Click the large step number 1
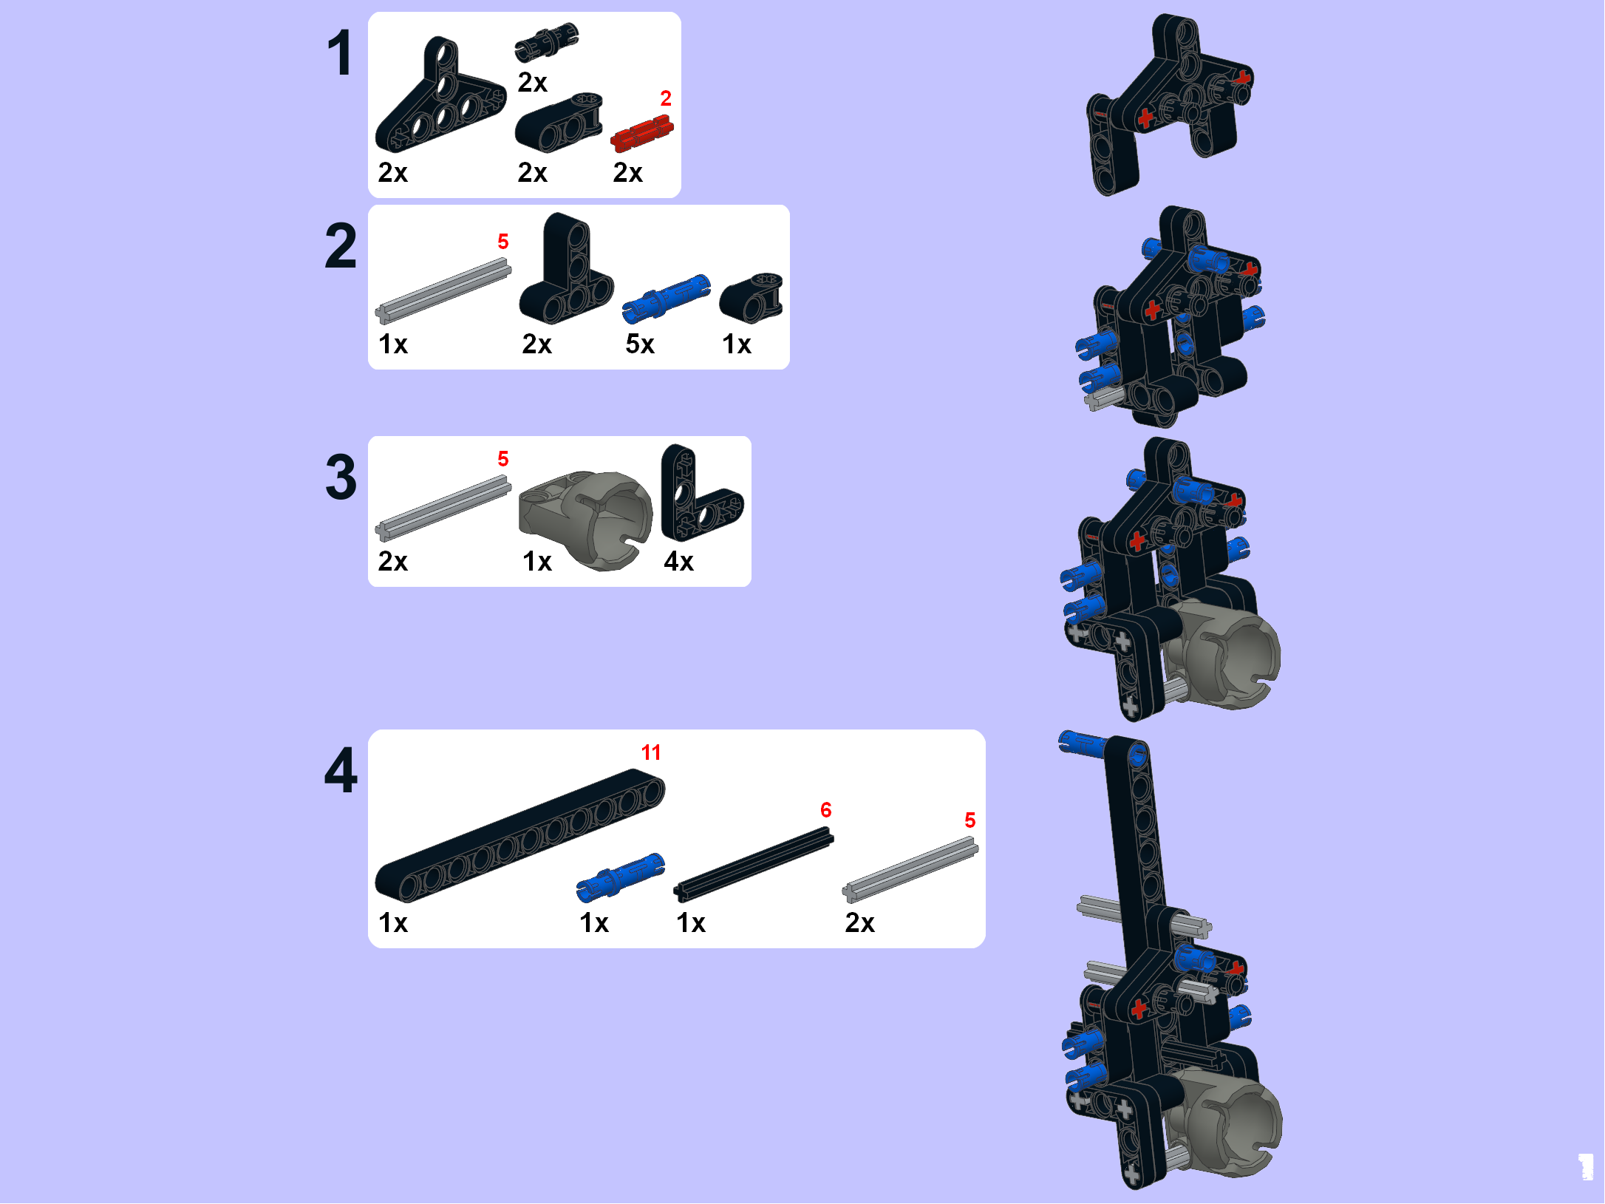341,53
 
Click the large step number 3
341,477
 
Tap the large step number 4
341,770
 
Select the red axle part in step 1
641,133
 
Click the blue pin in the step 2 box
666,299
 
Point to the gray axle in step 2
443,290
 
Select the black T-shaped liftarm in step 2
566,269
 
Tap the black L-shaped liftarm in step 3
700,494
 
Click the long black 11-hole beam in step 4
520,835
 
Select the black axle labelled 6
754,865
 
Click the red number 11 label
651,752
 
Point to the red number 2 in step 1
666,98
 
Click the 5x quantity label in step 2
640,344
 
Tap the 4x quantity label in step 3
678,562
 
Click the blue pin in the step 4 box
621,878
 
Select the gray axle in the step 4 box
910,870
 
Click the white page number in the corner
1586,1167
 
